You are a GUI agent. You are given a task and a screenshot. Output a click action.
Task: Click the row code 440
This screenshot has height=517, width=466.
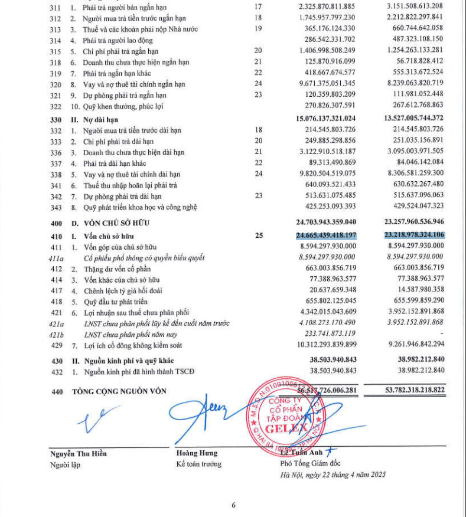click(x=56, y=391)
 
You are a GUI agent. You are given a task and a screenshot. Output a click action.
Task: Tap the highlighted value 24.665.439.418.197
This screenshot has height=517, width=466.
click(x=326, y=235)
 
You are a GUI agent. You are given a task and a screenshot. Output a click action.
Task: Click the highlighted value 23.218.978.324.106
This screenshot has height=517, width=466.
click(x=409, y=235)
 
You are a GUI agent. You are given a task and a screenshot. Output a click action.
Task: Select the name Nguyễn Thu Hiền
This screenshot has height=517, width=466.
click(x=79, y=453)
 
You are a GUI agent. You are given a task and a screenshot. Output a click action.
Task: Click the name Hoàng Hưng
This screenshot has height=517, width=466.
click(x=197, y=453)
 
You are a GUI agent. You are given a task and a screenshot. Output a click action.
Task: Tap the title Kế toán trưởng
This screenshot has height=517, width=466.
click(x=199, y=464)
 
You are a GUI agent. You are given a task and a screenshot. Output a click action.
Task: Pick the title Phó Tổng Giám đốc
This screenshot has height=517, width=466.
click(x=310, y=463)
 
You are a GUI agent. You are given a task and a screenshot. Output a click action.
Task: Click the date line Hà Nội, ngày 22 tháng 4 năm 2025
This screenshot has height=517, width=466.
click(x=333, y=474)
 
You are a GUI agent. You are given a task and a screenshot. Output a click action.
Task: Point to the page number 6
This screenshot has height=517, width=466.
click(x=233, y=505)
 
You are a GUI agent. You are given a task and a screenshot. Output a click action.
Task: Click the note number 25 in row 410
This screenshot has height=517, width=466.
click(x=258, y=235)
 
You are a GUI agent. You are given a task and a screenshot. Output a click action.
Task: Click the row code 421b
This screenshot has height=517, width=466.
click(x=56, y=333)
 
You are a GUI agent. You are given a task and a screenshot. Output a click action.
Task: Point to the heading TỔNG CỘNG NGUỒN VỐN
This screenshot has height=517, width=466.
click(x=119, y=391)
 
